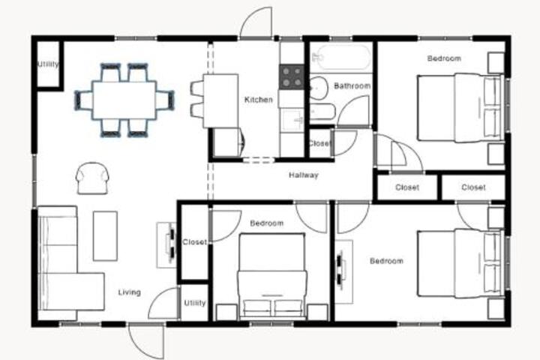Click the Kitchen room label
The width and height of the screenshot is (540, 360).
[258, 100]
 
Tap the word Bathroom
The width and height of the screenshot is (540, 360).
[352, 85]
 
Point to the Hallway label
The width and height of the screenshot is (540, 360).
[304, 175]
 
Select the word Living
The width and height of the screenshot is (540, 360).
[130, 292]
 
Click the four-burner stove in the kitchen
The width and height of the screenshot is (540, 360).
[291, 77]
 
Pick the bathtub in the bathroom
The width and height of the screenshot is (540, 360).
[341, 57]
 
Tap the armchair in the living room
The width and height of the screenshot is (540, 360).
[92, 178]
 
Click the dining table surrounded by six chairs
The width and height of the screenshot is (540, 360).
[124, 100]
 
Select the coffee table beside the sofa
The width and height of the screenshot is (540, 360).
[105, 236]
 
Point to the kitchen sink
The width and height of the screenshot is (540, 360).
[292, 120]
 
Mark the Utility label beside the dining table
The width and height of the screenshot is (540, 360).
[48, 64]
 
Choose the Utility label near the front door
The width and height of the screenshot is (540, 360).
[194, 303]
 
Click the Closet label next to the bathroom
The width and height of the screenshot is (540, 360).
[319, 143]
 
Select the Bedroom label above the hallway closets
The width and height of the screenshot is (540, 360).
[444, 58]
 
